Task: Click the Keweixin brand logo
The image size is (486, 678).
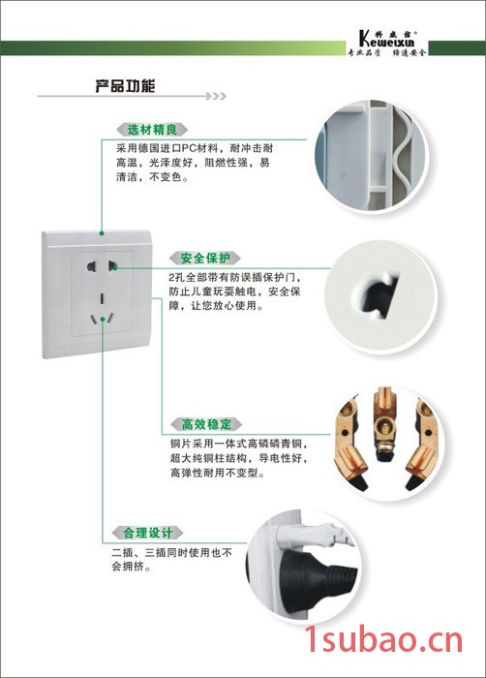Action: (387, 39)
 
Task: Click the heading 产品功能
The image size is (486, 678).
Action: (125, 86)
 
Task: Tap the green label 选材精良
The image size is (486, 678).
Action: (152, 129)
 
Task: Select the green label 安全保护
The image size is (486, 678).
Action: (205, 259)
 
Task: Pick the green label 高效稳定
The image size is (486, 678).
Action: (206, 424)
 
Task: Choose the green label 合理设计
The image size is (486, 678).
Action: (147, 533)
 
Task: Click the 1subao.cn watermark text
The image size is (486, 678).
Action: (383, 640)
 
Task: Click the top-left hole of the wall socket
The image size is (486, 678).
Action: (91, 266)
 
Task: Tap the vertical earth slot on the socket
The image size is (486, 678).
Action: (102, 298)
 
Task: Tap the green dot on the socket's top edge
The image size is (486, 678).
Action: (102, 233)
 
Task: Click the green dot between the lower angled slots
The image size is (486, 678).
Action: (103, 319)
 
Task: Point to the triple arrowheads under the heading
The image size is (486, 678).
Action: (215, 96)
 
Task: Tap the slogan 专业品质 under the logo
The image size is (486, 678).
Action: (364, 53)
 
